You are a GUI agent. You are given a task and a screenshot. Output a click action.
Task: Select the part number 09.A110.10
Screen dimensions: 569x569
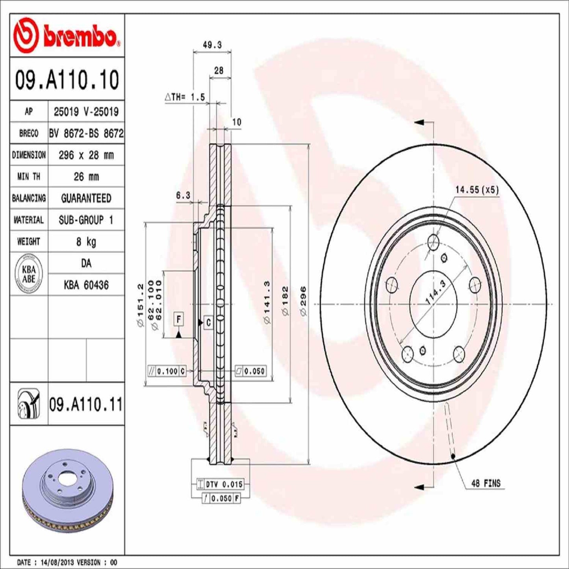[67, 80]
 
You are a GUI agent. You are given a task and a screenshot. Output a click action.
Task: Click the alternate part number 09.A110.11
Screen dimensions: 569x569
[86, 404]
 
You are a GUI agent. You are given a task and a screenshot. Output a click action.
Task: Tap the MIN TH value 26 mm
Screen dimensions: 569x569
[86, 177]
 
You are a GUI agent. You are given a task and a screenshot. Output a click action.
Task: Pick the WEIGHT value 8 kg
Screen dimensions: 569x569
[86, 241]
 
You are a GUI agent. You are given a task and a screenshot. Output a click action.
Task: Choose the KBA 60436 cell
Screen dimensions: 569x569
[86, 285]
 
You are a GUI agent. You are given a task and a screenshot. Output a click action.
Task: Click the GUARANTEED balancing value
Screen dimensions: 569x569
[86, 198]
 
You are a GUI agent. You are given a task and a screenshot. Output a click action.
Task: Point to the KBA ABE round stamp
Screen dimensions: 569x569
[29, 274]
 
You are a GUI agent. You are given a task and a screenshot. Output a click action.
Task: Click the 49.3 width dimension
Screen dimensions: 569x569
[212, 45]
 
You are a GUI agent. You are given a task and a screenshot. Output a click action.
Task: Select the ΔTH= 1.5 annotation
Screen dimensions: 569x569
[185, 97]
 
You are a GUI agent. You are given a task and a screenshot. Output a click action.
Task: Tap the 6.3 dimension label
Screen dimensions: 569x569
[183, 195]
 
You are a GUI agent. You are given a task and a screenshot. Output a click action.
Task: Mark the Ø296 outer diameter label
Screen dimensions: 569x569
[303, 301]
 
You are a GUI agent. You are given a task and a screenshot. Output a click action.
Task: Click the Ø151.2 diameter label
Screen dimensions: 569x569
[140, 305]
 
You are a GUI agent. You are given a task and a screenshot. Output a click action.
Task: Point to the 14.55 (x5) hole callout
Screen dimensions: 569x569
[477, 190]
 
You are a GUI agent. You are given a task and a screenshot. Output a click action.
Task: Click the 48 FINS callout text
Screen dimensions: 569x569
[486, 483]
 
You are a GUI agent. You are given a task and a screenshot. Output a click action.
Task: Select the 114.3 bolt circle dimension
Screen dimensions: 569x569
[436, 293]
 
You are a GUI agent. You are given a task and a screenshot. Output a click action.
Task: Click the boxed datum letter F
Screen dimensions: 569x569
[179, 319]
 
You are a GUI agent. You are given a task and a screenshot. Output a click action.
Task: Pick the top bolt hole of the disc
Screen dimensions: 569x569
[434, 241]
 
